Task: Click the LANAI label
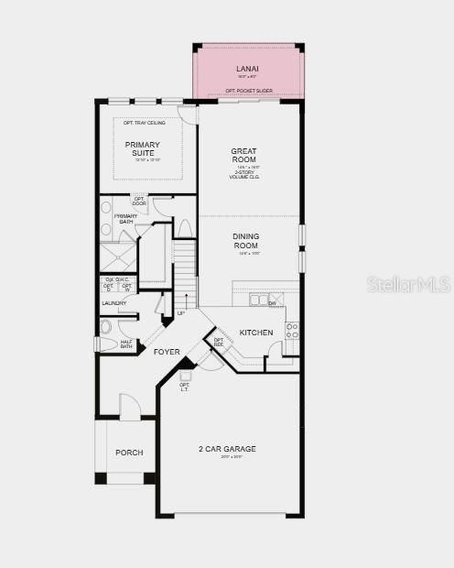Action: coord(248,69)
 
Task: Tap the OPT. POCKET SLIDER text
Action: coord(249,91)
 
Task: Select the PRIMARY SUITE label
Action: coord(143,148)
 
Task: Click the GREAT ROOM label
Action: coord(244,155)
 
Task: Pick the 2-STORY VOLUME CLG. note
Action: coord(244,174)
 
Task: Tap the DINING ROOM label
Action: coord(245,240)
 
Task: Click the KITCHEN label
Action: coord(255,333)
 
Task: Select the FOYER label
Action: coord(167,352)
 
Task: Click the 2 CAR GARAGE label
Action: coord(227,449)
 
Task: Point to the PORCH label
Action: coord(129,453)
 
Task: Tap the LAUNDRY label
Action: coord(114,303)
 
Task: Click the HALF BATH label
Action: coord(126,344)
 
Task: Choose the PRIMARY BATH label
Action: coord(125,220)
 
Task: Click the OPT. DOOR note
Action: coord(139,202)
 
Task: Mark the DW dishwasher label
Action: coord(272,302)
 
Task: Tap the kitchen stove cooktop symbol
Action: coord(292,330)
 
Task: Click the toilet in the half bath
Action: coord(105,326)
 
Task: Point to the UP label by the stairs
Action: coord(181,313)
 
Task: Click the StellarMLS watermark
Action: coord(409,284)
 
